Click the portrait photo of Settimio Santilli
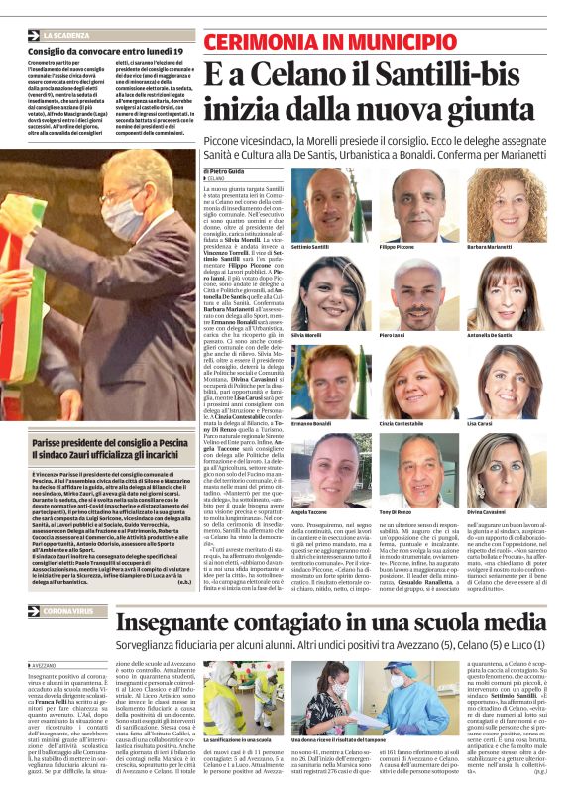click(331, 205)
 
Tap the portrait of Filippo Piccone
click(416, 205)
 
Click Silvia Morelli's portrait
click(331, 294)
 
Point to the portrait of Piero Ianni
click(416, 294)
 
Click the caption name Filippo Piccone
click(397, 247)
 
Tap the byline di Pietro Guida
click(232, 171)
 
